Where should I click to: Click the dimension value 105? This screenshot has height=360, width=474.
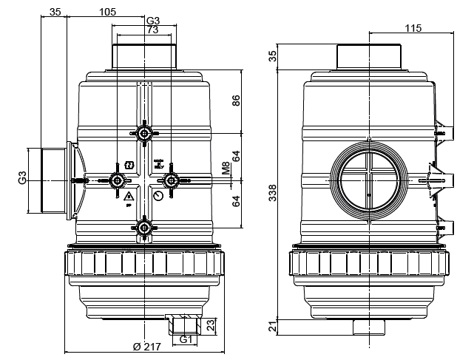(x=108, y=12)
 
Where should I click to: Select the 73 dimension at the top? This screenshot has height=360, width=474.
(x=152, y=30)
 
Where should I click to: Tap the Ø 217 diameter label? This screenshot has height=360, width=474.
(x=146, y=347)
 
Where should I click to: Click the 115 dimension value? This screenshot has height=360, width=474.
(x=413, y=28)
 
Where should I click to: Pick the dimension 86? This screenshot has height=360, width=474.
(x=237, y=101)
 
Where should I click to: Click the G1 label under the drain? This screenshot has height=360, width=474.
(x=186, y=340)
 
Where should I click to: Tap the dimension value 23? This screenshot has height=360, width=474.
(x=210, y=324)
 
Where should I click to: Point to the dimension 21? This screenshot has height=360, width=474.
(x=272, y=327)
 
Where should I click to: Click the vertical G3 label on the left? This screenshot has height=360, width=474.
(x=23, y=178)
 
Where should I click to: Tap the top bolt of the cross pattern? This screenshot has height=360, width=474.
(x=143, y=132)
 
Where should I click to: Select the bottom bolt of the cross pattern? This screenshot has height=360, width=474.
(x=143, y=227)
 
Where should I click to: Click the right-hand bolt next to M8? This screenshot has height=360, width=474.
(x=171, y=180)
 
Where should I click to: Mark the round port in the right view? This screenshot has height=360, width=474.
(x=367, y=180)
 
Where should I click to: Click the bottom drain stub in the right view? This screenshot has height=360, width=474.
(x=368, y=325)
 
